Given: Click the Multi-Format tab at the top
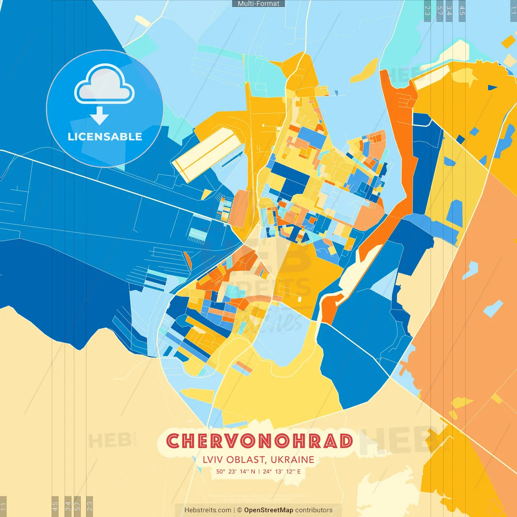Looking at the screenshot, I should [x=258, y=4].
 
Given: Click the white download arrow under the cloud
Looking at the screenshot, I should [x=99, y=116].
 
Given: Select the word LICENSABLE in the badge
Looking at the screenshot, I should [x=105, y=137].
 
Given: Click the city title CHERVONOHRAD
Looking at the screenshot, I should [x=259, y=441].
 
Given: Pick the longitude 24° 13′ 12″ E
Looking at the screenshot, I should [x=282, y=471].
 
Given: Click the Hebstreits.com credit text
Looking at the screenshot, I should [x=208, y=510].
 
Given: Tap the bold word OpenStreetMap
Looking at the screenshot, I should [x=269, y=510].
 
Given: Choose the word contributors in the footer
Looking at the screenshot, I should [x=314, y=510].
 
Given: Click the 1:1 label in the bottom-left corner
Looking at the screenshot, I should [x=3, y=506].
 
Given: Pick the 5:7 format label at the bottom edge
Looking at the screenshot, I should [x=78, y=506].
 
